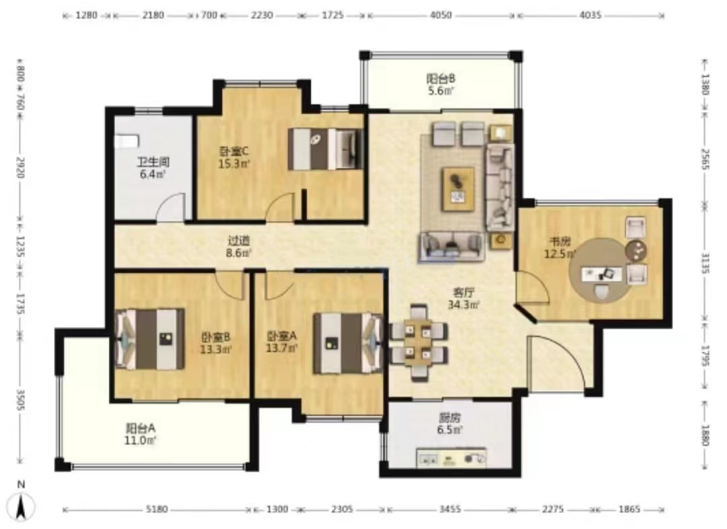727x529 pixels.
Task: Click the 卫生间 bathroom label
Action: click(x=153, y=162)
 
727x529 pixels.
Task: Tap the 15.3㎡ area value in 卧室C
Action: click(x=234, y=164)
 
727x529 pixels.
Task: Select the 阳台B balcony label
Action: click(x=440, y=78)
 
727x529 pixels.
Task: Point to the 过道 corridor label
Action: click(x=239, y=241)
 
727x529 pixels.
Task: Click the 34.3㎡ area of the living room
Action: click(x=464, y=305)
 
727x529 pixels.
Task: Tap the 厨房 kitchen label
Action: click(x=450, y=418)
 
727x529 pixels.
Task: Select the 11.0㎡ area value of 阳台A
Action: click(x=140, y=439)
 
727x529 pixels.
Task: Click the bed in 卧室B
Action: click(x=149, y=339)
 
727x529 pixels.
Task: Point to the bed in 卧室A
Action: click(x=349, y=344)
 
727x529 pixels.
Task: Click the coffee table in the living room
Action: click(x=458, y=189)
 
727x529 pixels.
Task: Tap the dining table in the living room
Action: click(x=418, y=342)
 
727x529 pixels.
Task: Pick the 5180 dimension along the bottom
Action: click(x=156, y=509)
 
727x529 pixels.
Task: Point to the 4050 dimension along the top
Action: click(x=440, y=15)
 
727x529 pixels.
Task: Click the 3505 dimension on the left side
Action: click(x=20, y=399)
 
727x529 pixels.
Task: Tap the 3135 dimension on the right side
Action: click(x=705, y=263)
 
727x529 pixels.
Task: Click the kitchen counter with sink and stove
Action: click(x=451, y=458)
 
